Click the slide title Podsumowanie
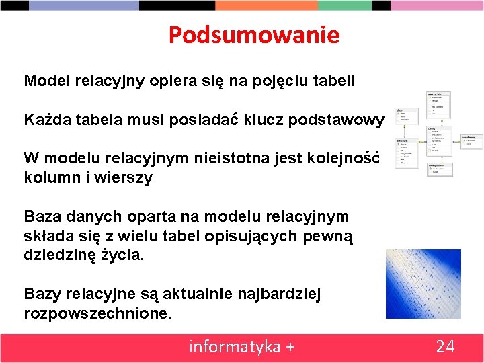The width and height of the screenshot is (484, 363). pos(254,35)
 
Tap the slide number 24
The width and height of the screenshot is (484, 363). pos(445,347)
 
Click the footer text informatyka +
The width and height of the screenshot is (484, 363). pos(242,347)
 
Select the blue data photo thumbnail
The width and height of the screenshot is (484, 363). pos(423,284)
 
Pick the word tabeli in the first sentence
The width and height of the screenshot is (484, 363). pos(333,81)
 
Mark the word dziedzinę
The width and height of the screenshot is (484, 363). pos(61,255)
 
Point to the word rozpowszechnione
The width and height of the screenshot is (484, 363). pos(98,313)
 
